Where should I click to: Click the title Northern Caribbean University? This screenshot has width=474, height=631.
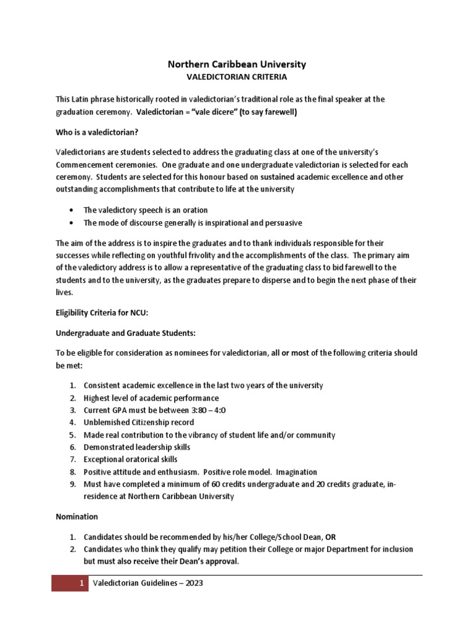(237, 64)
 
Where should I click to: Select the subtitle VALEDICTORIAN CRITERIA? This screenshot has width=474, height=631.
(237, 78)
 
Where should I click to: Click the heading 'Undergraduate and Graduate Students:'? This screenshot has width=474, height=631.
(125, 333)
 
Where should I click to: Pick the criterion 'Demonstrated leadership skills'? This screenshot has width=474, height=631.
(137, 447)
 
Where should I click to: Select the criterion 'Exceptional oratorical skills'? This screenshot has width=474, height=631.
(130, 459)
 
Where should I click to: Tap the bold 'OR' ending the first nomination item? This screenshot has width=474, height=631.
(331, 537)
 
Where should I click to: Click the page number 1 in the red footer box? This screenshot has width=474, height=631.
(81, 583)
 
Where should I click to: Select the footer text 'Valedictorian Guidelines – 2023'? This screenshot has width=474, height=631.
(147, 583)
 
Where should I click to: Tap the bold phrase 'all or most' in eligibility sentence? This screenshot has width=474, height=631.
(290, 353)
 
